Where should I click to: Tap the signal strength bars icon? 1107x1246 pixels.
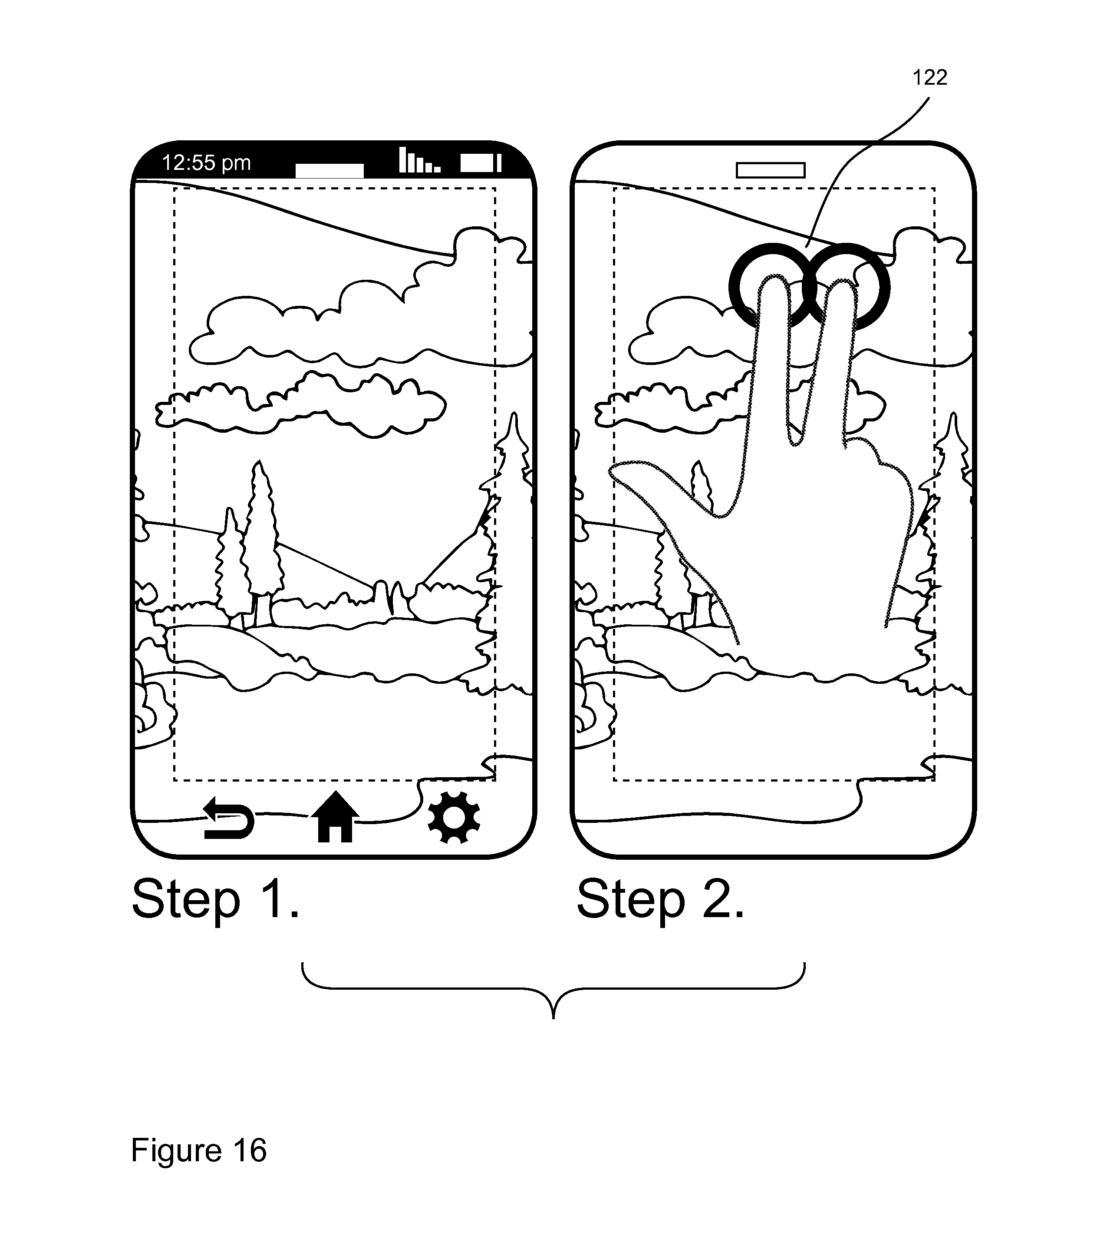pos(420,160)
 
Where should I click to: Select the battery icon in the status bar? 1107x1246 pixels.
pos(481,163)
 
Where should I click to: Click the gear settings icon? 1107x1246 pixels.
pos(454,818)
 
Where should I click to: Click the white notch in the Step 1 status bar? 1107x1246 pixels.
pos(329,171)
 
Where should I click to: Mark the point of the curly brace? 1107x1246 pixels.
pos(553,1017)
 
